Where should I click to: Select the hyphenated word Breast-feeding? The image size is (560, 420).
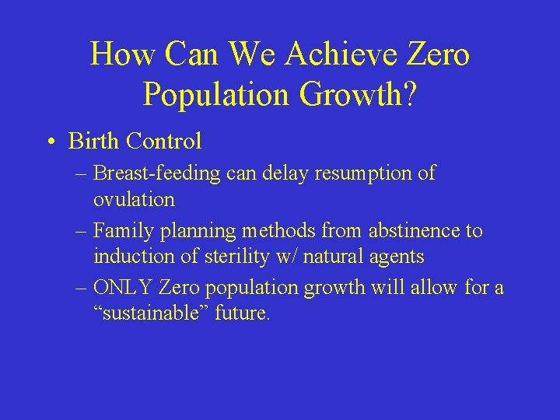[158, 173]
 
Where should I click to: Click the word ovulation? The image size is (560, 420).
[134, 199]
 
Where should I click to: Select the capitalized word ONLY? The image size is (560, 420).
[123, 288]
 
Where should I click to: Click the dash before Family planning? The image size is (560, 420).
[82, 231]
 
